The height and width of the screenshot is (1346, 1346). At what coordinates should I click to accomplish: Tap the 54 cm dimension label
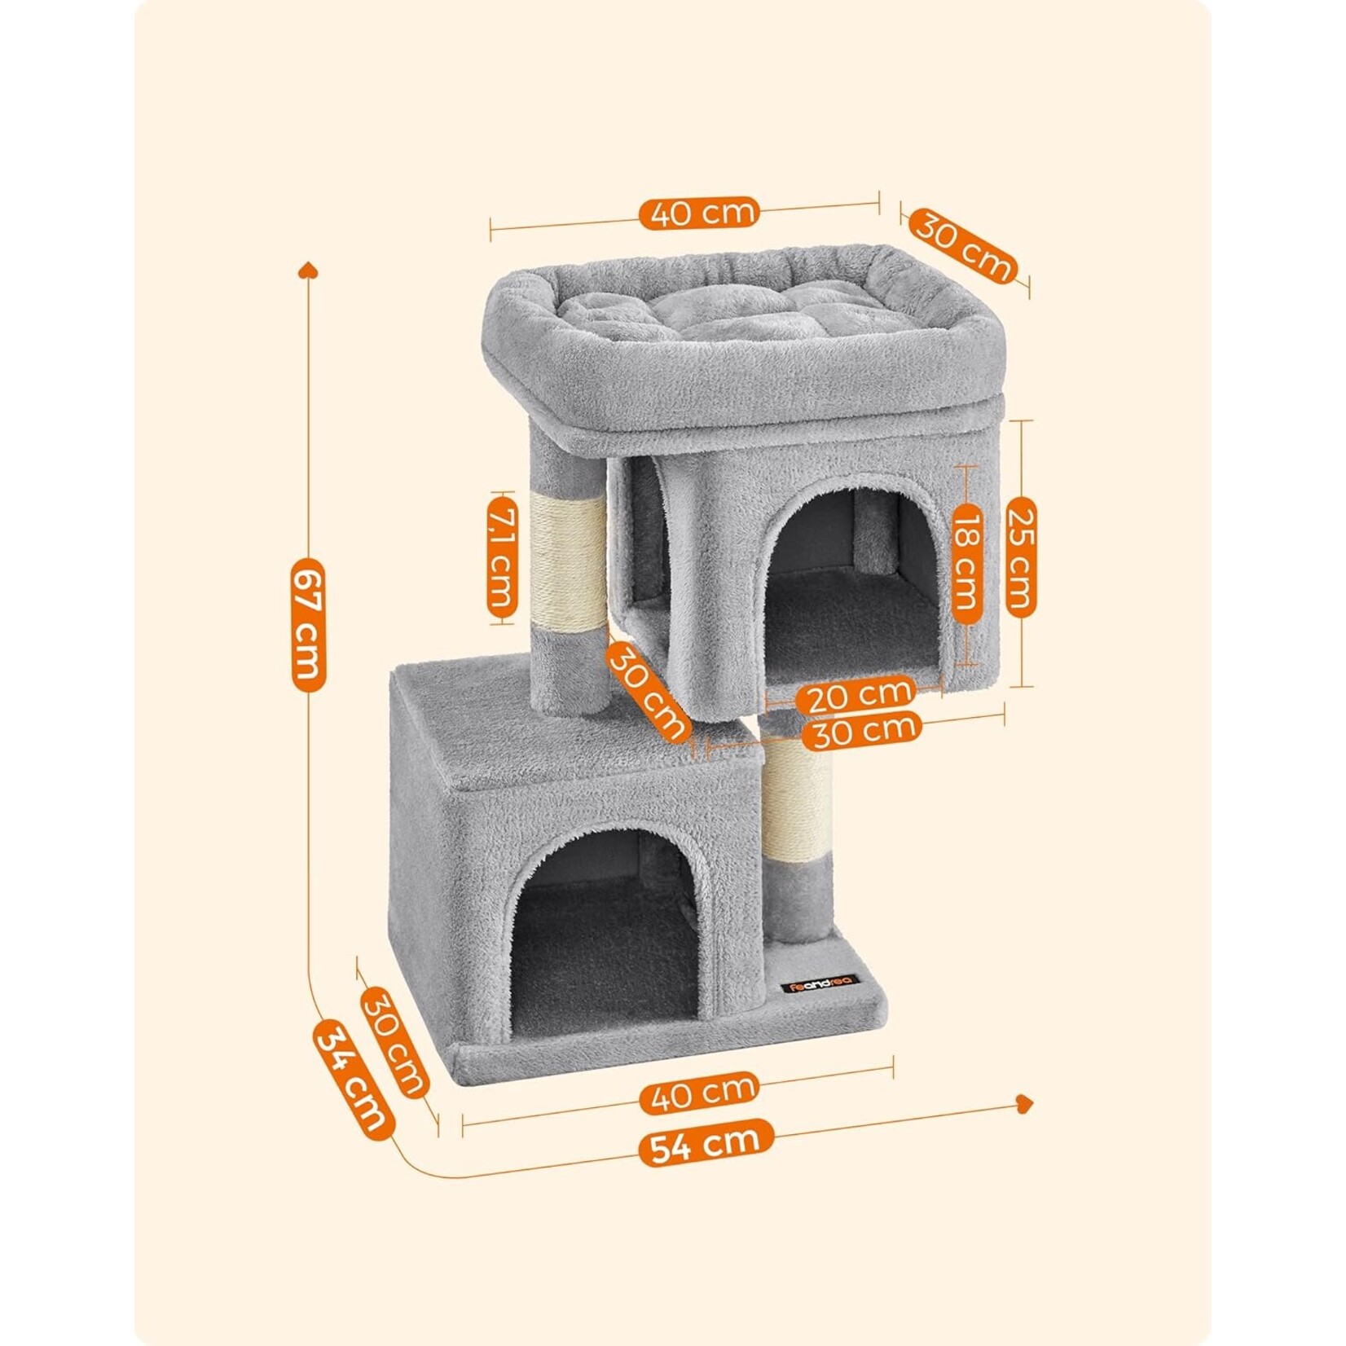coord(705,1142)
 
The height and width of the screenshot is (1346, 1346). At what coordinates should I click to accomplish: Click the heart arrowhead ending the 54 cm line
coord(1025,1102)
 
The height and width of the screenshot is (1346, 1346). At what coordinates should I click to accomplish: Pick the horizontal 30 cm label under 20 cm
coord(861,729)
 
